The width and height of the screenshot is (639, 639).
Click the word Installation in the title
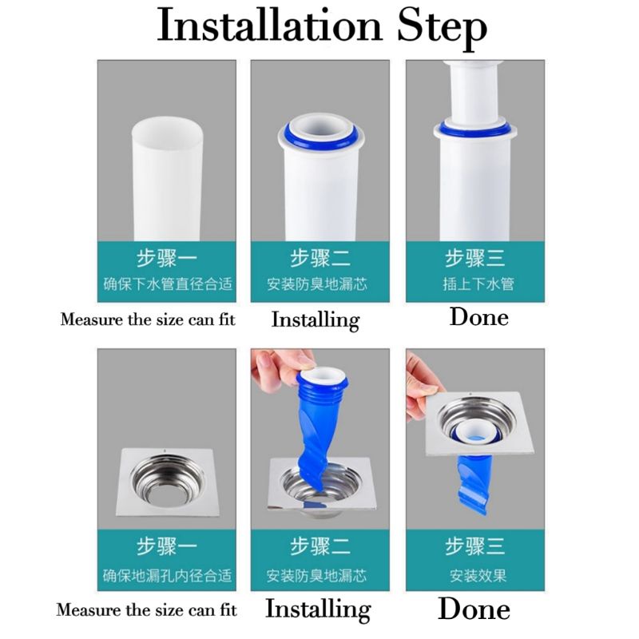269,26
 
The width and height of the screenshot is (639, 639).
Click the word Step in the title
443,29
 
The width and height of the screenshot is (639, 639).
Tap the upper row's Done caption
478,316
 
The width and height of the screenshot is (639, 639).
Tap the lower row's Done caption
474,609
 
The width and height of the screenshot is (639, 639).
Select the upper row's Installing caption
316,320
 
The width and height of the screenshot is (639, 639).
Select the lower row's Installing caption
318,609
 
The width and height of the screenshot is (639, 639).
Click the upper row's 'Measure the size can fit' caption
148,319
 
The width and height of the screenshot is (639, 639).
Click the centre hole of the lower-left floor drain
167,491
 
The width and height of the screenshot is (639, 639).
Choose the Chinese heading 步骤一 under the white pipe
167,258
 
